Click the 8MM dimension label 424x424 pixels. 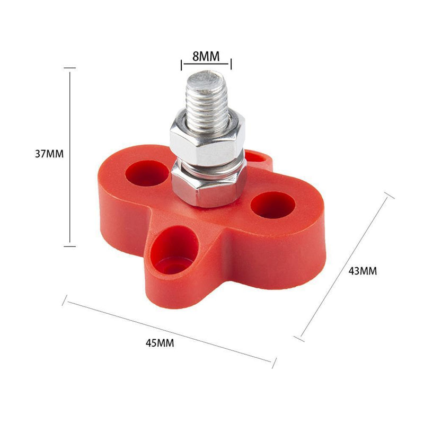pyautogui.click(x=206, y=55)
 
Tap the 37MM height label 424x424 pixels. pyautogui.click(x=49, y=154)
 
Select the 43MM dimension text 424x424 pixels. pyautogui.click(x=363, y=271)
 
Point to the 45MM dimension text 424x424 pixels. pyautogui.click(x=160, y=342)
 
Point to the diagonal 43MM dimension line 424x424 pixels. pyautogui.click(x=347, y=267)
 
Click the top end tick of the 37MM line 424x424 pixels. pyautogui.click(x=69, y=68)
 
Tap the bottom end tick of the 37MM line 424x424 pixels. pyautogui.click(x=69, y=246)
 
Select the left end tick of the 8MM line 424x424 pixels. pyautogui.click(x=182, y=65)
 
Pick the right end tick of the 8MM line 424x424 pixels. pyautogui.click(x=231, y=65)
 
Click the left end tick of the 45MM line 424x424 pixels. pyautogui.click(x=65, y=302)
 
